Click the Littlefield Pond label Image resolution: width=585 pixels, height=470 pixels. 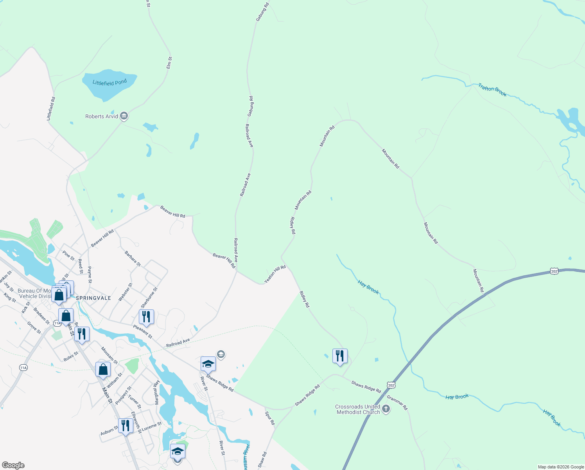tap(109, 83)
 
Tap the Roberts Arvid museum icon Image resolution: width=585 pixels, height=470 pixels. tap(124, 116)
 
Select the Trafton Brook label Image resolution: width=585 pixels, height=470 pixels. tap(492, 90)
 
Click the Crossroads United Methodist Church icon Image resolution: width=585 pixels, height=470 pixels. tap(386, 409)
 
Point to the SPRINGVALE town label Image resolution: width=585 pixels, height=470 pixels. tap(93, 298)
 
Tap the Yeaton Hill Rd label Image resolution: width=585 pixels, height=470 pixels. tap(275, 274)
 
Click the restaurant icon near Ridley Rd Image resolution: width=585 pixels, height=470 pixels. tap(340, 356)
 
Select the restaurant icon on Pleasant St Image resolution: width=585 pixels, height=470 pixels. tap(146, 317)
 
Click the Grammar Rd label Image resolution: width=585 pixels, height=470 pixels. tap(397, 403)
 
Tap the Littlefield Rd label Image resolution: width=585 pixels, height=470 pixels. tap(51, 108)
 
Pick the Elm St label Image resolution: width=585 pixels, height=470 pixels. tap(169, 63)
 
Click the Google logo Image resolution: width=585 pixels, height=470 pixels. tap(13, 465)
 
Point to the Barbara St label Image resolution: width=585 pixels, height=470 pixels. tap(133, 259)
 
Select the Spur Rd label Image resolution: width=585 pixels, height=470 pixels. tap(270, 418)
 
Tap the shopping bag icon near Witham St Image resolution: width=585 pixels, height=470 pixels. tap(103, 369)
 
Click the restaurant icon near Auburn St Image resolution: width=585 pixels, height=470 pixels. tap(125, 426)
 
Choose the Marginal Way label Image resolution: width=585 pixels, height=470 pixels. tap(156, 392)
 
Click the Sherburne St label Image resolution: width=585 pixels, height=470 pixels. tap(149, 297)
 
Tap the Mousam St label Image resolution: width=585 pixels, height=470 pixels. tap(109, 355)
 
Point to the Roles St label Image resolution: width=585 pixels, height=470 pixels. tap(71, 356)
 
